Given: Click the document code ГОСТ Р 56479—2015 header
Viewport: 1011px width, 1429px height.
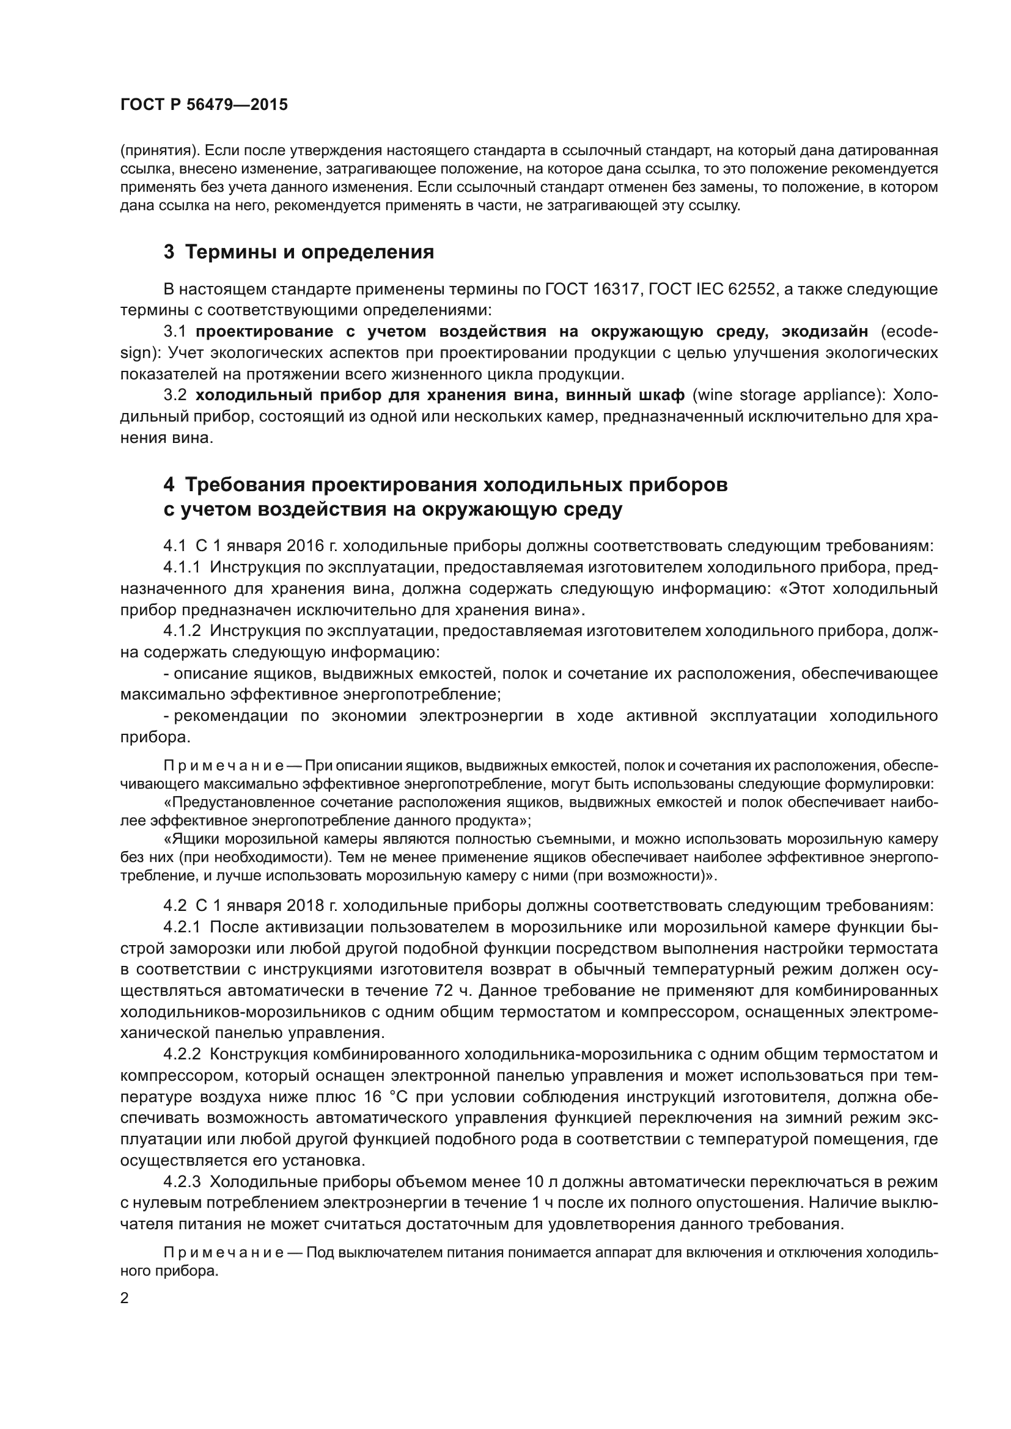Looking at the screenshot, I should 204,104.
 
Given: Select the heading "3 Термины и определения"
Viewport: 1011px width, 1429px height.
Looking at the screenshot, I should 298,252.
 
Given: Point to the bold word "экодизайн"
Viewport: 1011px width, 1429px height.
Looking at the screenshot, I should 823,332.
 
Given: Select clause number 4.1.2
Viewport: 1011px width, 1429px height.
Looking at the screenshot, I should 182,630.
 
